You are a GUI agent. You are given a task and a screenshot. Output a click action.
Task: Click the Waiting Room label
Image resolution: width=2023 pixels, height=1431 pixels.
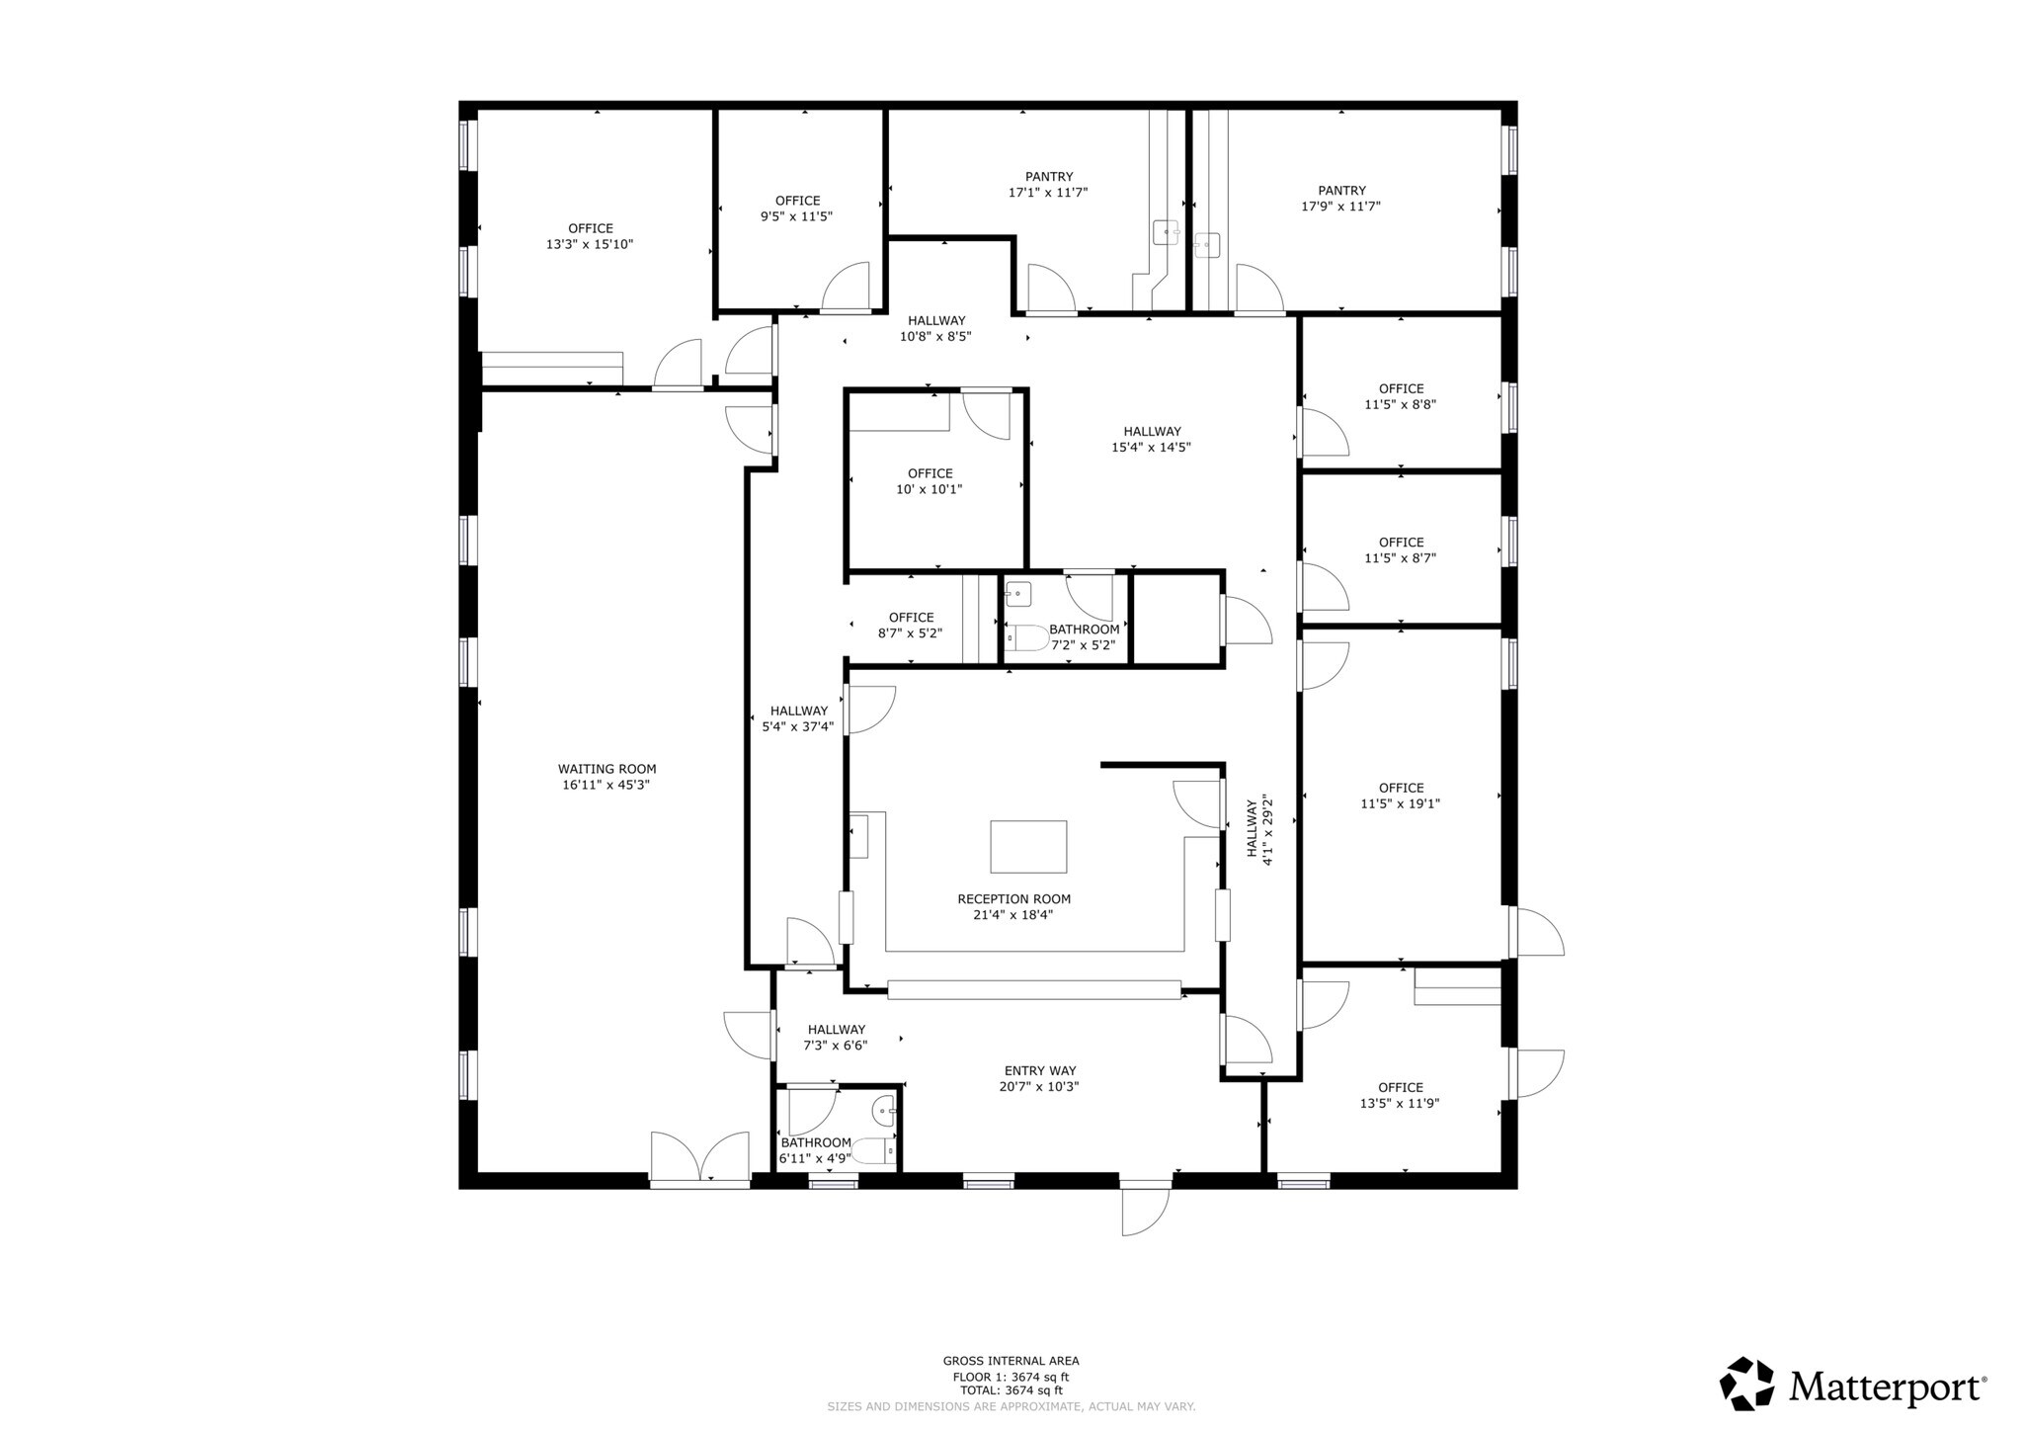pos(607,769)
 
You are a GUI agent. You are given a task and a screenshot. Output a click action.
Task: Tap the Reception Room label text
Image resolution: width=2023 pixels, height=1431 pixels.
pos(1013,899)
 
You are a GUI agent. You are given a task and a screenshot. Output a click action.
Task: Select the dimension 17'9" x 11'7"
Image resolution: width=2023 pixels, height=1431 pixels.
pos(1340,207)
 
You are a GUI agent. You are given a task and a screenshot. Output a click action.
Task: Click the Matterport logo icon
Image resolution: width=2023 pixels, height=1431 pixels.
pos(1746,1384)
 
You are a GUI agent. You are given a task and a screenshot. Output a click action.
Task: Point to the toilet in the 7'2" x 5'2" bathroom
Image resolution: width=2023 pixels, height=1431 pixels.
pos(1027,638)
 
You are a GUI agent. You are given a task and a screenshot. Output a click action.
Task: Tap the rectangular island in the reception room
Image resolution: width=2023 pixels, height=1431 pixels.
pos(1028,847)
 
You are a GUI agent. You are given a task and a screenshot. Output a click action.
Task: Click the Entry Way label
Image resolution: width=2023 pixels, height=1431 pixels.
pos(1040,1070)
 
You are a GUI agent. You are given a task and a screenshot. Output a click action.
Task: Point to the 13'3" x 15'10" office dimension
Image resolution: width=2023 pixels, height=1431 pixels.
pos(590,244)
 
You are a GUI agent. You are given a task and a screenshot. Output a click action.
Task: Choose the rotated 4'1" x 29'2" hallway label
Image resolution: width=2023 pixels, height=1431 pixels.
pos(1259,832)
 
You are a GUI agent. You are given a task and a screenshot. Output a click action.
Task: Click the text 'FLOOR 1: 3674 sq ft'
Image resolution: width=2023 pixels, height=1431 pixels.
pos(1011,1377)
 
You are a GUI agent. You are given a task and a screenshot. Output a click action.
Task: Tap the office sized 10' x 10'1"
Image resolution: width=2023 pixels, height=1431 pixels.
pos(931,481)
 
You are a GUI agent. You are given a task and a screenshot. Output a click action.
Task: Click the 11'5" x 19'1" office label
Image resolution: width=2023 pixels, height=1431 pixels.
pos(1401,796)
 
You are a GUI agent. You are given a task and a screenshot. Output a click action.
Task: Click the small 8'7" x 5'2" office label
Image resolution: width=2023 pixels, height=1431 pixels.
pos(911,626)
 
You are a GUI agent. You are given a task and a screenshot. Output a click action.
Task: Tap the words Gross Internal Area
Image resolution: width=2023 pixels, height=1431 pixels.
pos(1011,1361)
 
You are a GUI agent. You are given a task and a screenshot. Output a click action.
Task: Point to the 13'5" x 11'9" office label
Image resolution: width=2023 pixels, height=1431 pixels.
pos(1400,1095)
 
